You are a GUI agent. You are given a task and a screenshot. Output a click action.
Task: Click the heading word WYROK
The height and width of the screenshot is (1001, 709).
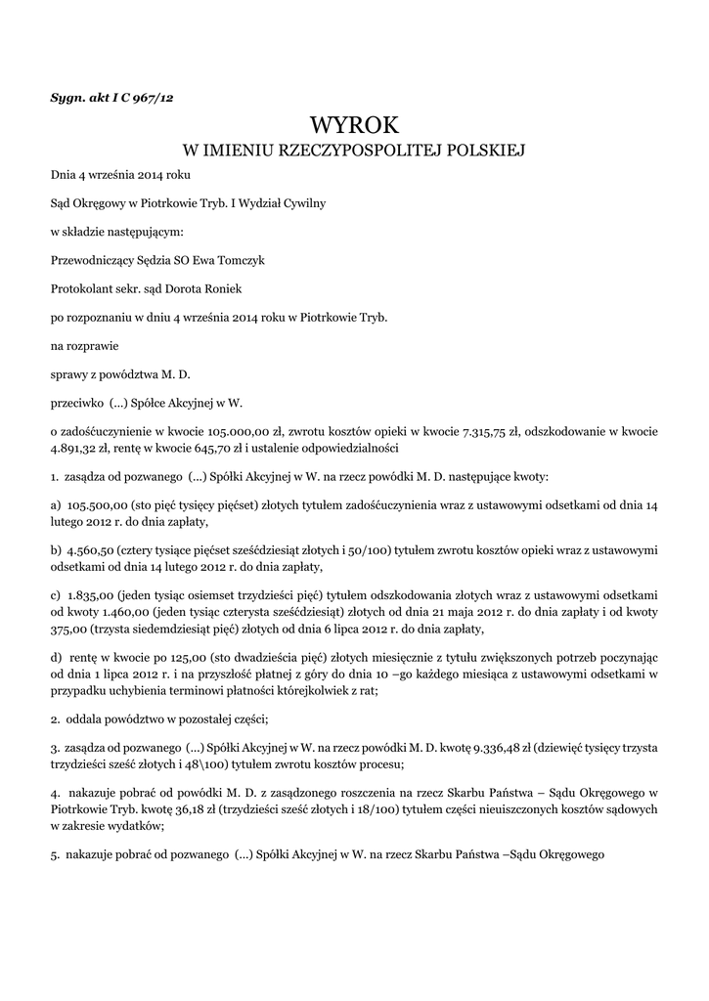coord(354,125)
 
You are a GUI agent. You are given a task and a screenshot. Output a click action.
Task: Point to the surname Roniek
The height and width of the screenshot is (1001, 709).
coord(232,289)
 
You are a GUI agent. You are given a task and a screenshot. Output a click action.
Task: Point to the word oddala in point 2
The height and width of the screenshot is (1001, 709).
coord(86,718)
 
